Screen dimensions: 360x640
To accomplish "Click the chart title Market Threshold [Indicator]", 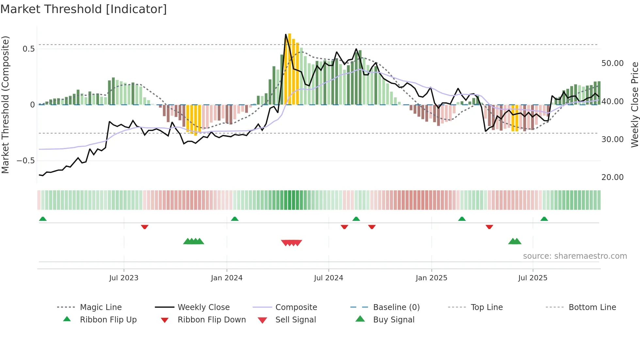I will click(x=84, y=9).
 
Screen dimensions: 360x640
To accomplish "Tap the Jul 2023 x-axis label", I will click(x=124, y=278).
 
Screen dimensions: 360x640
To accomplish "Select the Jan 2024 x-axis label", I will click(x=227, y=278).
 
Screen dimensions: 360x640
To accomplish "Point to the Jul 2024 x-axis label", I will click(x=328, y=278).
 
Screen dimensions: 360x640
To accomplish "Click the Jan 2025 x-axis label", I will click(x=431, y=278).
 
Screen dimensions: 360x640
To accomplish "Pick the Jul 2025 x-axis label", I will click(x=533, y=278).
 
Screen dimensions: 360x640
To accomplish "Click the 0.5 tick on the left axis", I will click(x=28, y=49).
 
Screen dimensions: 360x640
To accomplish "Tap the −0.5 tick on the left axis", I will click(x=26, y=161).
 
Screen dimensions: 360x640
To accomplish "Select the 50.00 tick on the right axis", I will click(x=612, y=63).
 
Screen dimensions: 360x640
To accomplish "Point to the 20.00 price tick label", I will click(x=612, y=177).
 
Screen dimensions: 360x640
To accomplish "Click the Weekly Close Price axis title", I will click(x=634, y=105).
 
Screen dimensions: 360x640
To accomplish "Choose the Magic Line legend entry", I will click(x=101, y=307).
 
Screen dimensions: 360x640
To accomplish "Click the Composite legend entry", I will click(x=296, y=307).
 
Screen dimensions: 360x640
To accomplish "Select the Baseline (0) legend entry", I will click(x=396, y=307).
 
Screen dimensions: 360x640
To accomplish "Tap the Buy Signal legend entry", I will click(x=393, y=320).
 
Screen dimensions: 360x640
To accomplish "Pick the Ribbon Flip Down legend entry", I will click(x=212, y=320).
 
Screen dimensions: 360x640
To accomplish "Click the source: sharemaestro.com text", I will click(x=575, y=256).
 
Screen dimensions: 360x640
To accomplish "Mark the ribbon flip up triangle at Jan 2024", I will click(x=234, y=219).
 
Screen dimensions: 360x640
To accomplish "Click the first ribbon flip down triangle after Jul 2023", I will click(x=145, y=227).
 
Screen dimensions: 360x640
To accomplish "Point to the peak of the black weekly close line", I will click(x=286, y=34).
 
